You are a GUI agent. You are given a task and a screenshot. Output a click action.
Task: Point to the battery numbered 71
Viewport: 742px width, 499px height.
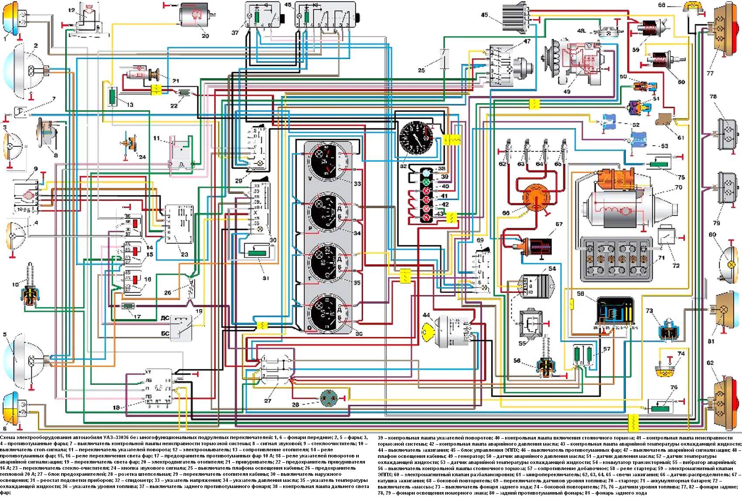pos(619,259)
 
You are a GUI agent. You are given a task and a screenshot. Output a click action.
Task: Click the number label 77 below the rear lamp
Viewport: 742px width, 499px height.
pos(710,73)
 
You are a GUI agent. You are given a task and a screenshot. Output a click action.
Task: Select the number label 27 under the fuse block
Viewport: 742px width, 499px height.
pos(267,400)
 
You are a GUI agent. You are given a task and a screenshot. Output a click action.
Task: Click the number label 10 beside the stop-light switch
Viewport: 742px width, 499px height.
pos(16,285)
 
